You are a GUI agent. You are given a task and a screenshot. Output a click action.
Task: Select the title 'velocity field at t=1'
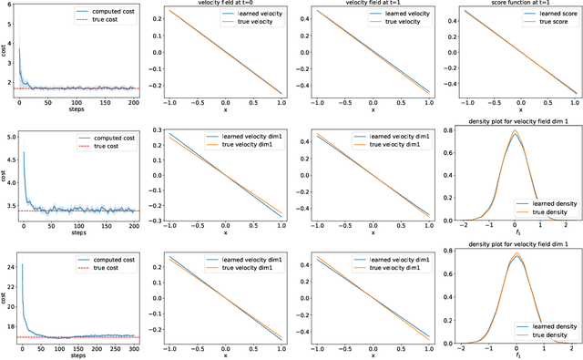(364, 5)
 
